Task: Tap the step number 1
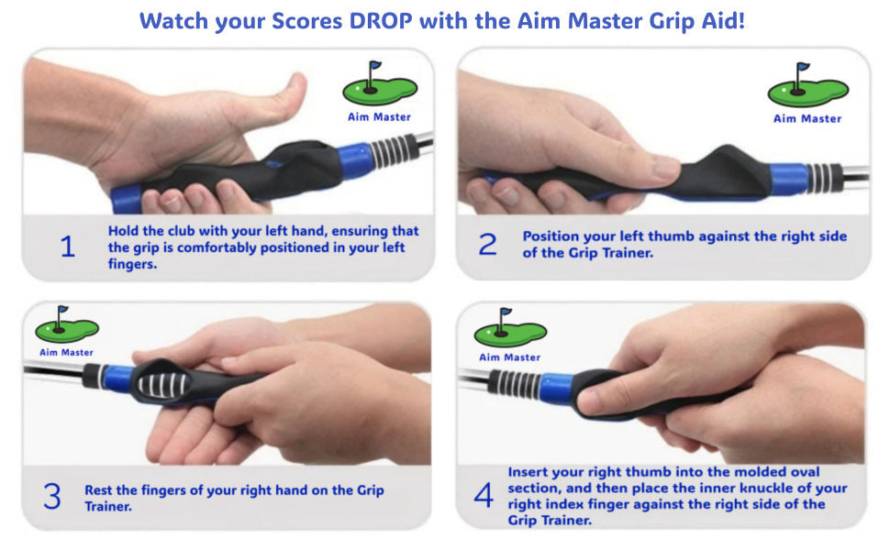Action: [x=68, y=247]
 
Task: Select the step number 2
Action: [x=487, y=245]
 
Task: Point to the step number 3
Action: [x=51, y=496]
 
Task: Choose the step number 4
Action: [x=484, y=495]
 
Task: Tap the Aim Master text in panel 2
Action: [x=807, y=118]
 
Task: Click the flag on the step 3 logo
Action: [x=62, y=310]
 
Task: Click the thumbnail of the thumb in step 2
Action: [x=664, y=167]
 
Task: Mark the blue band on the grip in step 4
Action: [x=556, y=387]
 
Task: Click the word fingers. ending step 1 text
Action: [x=132, y=264]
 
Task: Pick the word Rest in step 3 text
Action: [x=99, y=489]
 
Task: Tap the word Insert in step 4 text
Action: [x=528, y=472]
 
